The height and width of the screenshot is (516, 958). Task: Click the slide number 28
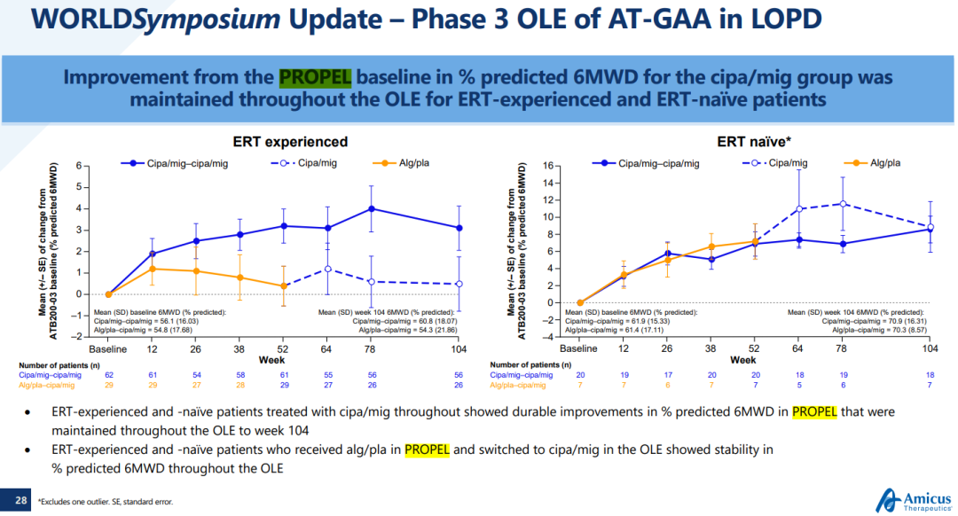pos(20,502)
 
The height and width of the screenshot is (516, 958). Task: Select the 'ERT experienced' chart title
pos(290,142)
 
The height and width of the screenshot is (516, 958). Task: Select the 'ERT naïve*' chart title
pos(753,142)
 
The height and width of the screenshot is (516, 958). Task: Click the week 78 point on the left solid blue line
pos(372,208)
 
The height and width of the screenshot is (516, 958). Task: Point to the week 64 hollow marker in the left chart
pos(327,269)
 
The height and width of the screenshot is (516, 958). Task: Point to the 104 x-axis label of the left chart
pos(459,348)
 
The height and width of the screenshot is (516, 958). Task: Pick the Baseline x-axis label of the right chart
pos(580,348)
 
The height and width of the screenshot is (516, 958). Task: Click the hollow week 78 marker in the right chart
pos(843,204)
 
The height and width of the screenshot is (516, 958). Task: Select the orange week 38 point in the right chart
pos(711,246)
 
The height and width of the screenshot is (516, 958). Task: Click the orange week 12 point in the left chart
pos(153,269)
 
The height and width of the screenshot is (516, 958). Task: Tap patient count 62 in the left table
pos(107,375)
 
